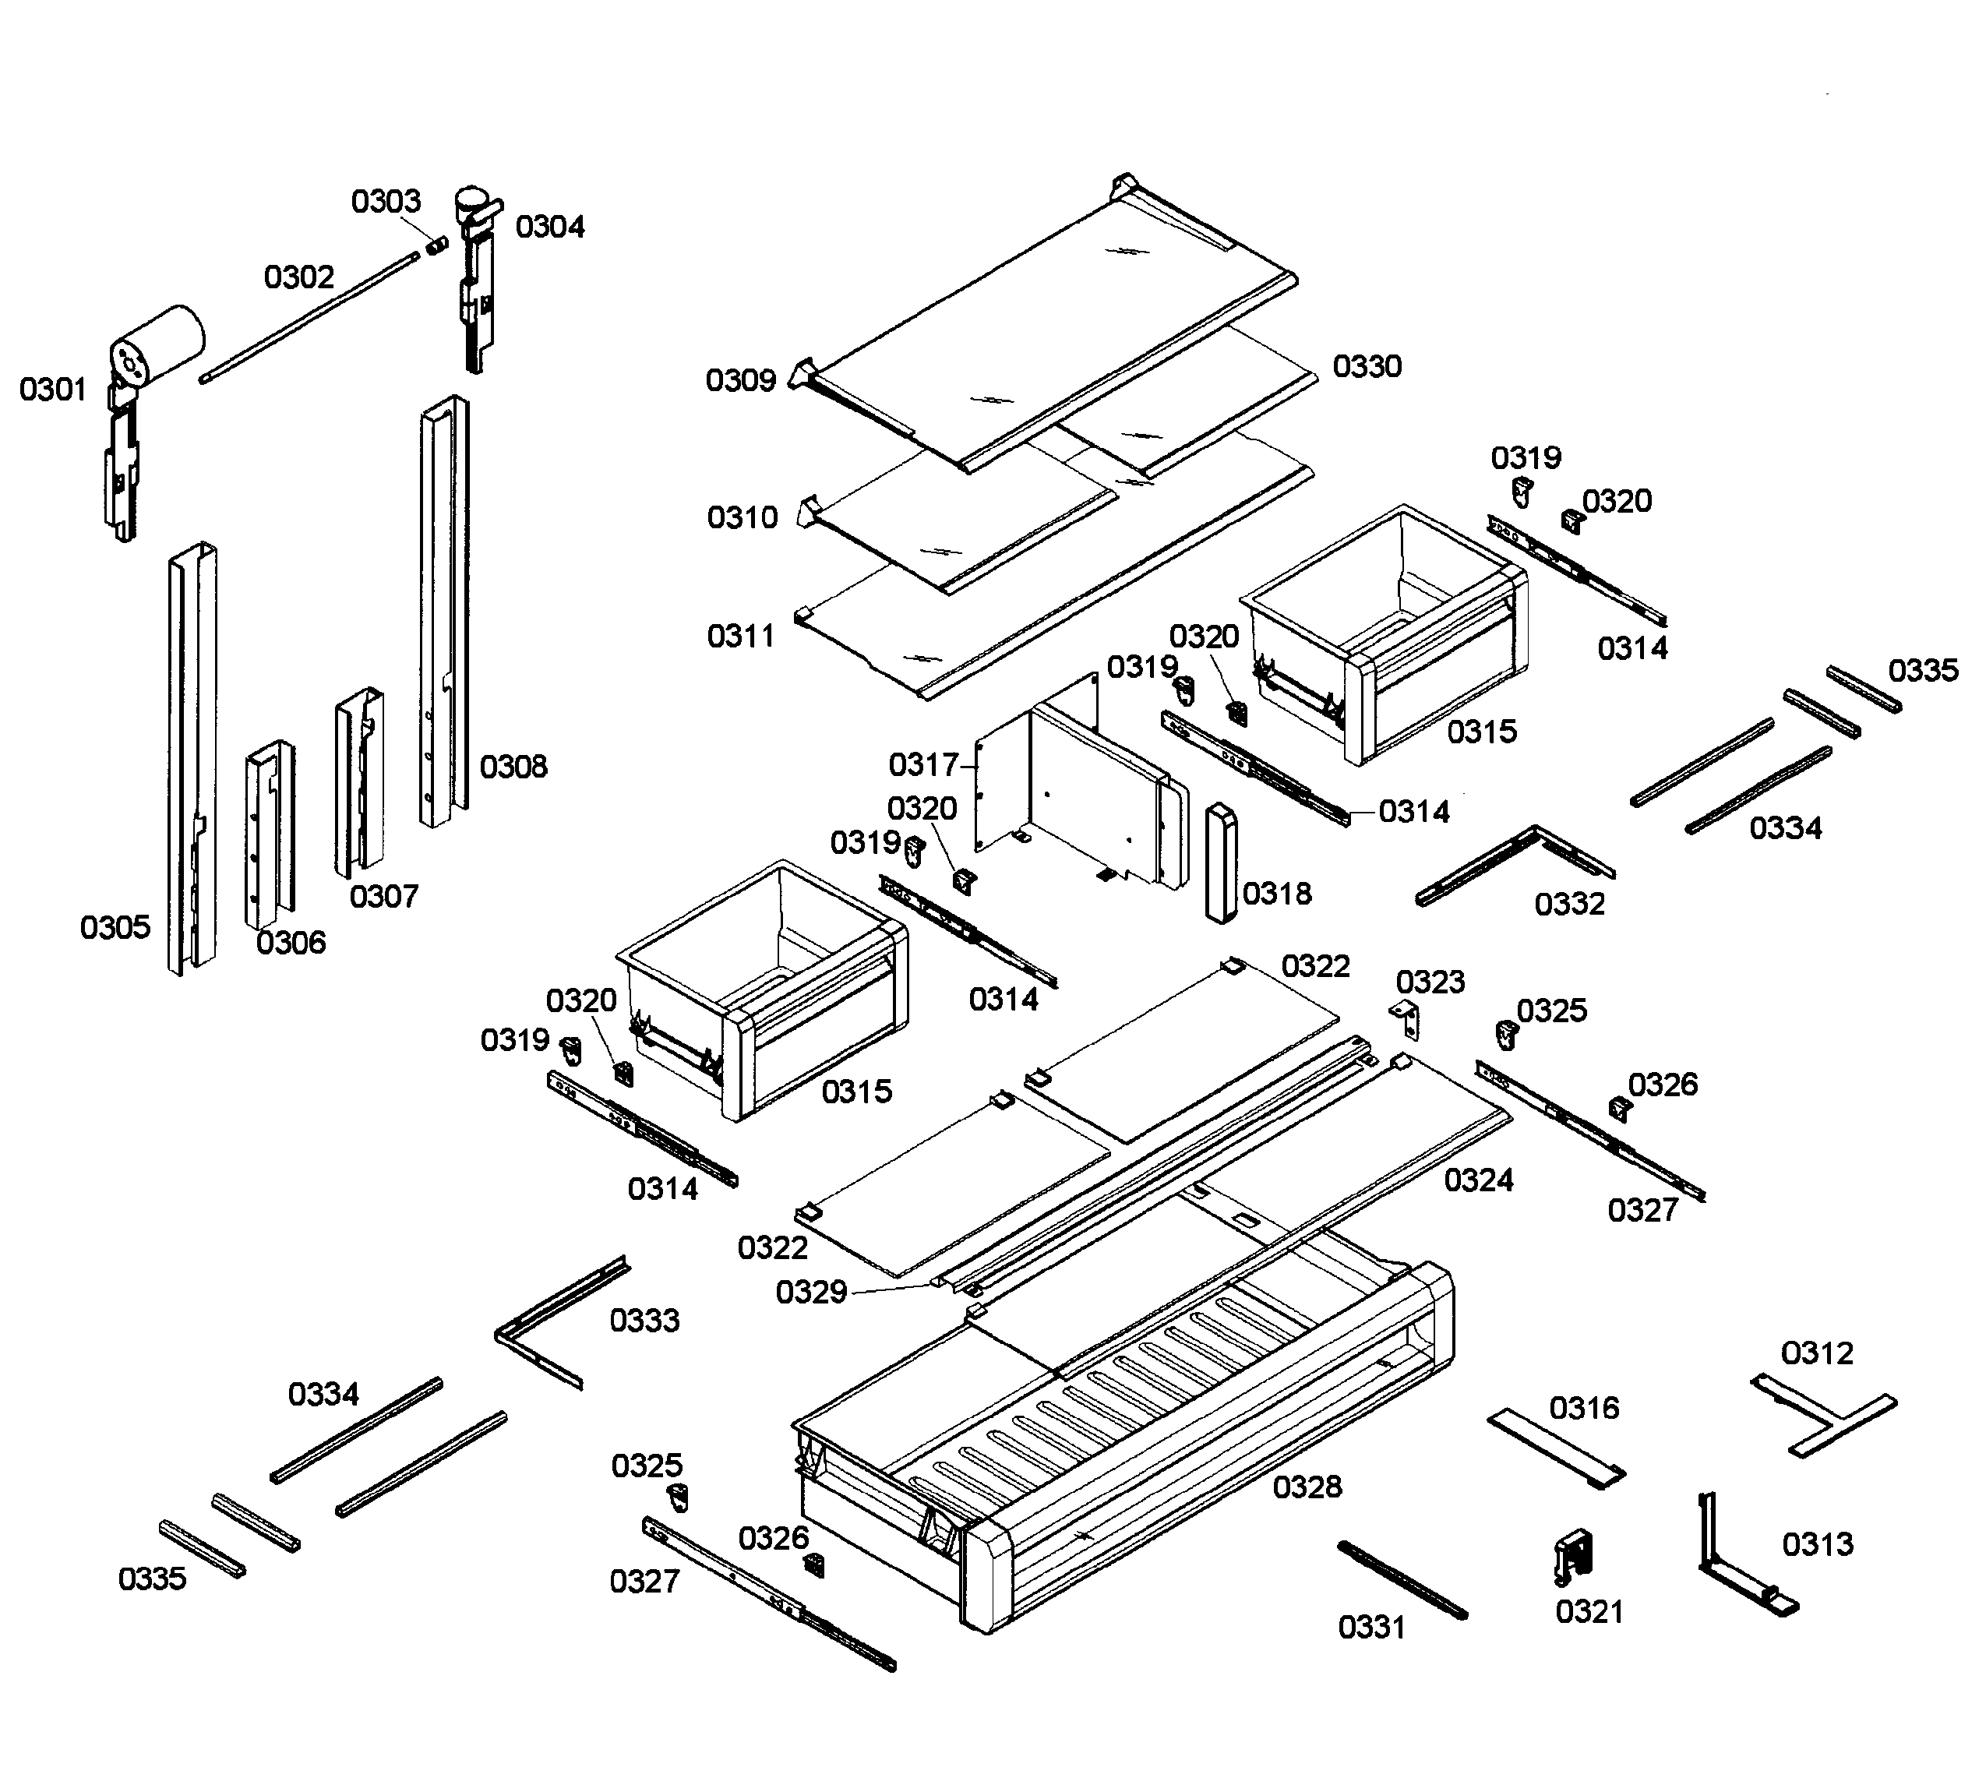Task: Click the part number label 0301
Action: [53, 390]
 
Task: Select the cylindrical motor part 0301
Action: [157, 344]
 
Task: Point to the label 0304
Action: [549, 227]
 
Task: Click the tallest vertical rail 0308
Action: [443, 611]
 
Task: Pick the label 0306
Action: [291, 942]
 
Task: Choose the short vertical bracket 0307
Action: [358, 783]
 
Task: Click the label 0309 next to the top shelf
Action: [740, 380]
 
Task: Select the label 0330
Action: [1367, 366]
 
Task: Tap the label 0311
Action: [740, 636]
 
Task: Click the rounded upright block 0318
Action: [1220, 862]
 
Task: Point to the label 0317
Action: [922, 764]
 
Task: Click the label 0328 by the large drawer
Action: [1307, 1487]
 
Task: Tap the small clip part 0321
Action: [1573, 1556]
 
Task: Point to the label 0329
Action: [810, 1292]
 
